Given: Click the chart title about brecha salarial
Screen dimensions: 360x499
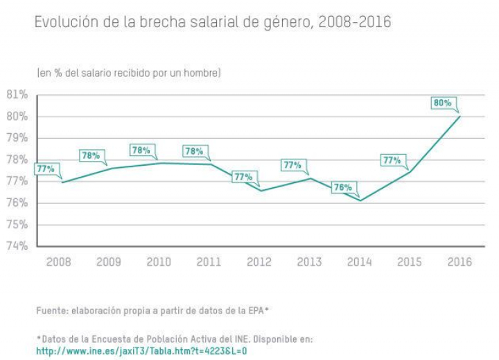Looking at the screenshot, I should click(212, 23).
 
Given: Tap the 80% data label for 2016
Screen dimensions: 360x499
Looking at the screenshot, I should click(442, 103).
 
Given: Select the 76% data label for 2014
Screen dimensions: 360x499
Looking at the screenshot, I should click(342, 187).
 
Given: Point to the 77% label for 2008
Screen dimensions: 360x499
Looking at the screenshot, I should click(46, 169).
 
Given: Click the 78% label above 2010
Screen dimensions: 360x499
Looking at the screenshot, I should click(141, 150).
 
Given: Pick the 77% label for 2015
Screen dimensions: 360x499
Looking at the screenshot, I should click(392, 160).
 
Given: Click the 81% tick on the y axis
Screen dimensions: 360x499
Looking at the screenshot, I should click(17, 94).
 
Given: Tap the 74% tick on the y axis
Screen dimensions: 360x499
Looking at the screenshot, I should click(17, 246).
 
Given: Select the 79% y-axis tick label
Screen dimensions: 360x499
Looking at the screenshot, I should click(17, 138).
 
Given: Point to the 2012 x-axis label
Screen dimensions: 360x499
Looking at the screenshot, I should click(258, 262).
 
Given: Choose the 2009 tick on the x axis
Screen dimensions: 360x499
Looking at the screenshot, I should click(108, 262).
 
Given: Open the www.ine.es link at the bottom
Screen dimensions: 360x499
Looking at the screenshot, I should click(141, 351).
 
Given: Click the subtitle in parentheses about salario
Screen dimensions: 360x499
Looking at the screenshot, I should click(128, 72).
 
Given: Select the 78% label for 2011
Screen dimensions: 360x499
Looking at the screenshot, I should click(195, 151).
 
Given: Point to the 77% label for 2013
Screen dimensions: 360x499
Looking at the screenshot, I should click(292, 165).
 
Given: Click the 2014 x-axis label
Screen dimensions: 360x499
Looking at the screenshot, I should click(359, 262).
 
